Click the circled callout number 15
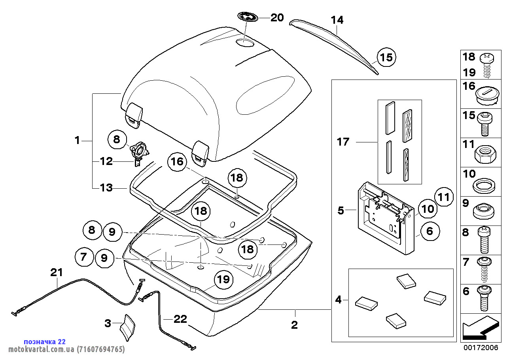[386, 58]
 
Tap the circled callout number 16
[178, 161]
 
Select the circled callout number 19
[223, 280]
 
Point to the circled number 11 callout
[444, 197]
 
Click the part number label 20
[277, 18]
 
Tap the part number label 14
[337, 20]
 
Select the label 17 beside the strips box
[343, 142]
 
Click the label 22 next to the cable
[180, 319]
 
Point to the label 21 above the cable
[57, 273]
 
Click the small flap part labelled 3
[128, 327]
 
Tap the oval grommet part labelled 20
[247, 17]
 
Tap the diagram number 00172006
[481, 348]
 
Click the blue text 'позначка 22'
[45, 342]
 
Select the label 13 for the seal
[106, 188]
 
